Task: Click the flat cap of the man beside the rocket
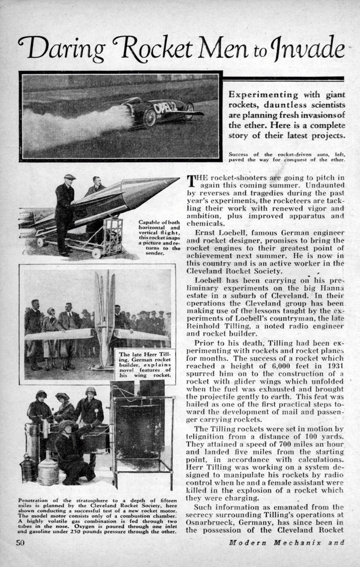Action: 69,177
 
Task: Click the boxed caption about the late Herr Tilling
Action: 143,366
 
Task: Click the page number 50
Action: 20,542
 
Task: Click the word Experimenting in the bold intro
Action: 259,95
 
